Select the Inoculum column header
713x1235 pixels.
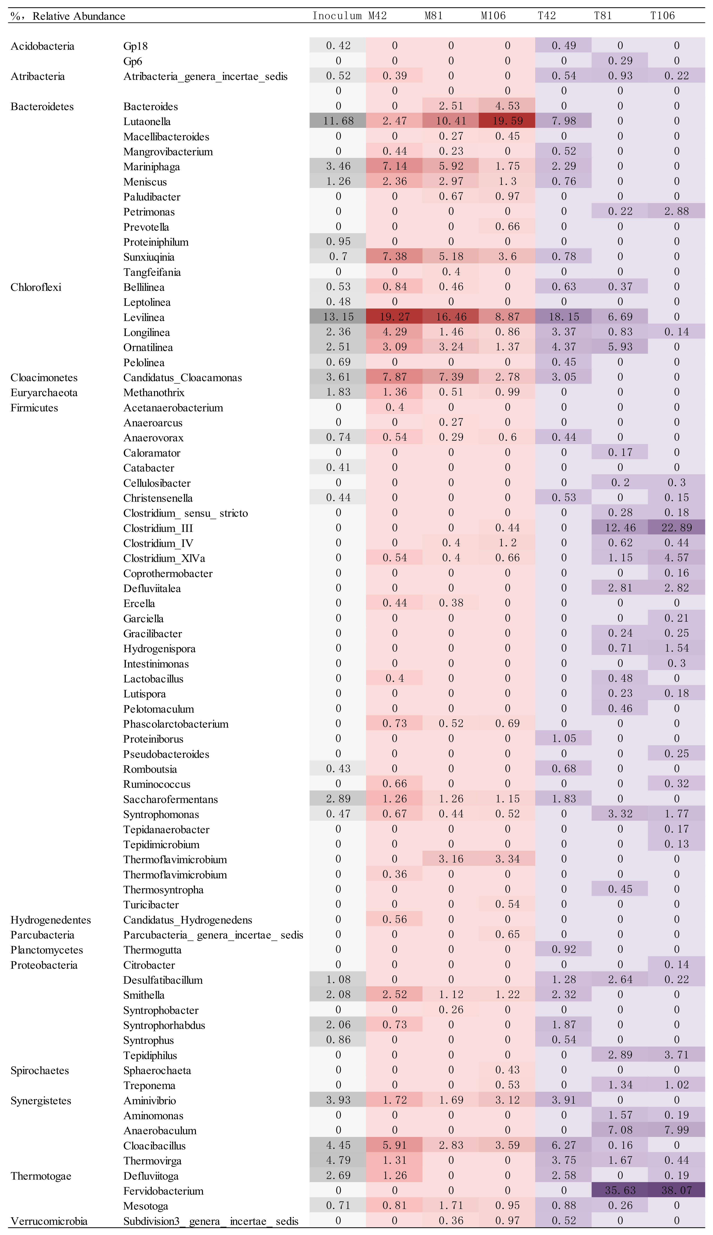pyautogui.click(x=337, y=16)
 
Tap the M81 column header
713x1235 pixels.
pyautogui.click(x=434, y=16)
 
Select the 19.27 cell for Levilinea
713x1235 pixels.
pyautogui.click(x=394, y=317)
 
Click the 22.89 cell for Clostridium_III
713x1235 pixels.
pyautogui.click(x=676, y=528)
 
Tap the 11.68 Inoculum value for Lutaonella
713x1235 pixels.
pyautogui.click(x=338, y=121)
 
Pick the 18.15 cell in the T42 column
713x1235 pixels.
pyautogui.click(x=564, y=317)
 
